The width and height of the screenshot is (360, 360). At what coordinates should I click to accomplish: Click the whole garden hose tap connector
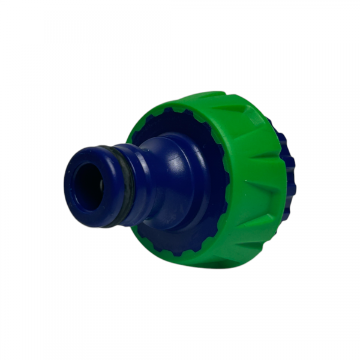180,180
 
